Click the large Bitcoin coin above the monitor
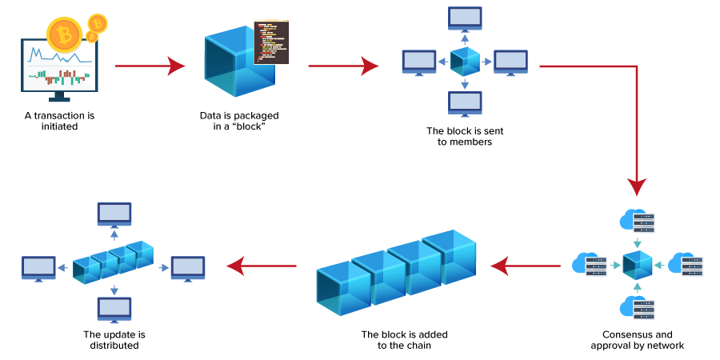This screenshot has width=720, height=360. [64, 34]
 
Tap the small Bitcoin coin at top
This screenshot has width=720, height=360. [98, 22]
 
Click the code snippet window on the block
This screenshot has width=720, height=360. [271, 42]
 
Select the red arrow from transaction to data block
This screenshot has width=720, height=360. [150, 66]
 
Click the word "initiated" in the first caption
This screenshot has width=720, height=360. [59, 126]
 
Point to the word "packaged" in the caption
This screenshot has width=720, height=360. [259, 115]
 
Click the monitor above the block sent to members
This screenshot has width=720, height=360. [465, 19]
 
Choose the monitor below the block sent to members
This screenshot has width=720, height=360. [465, 103]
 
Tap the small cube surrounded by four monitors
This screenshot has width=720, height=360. [465, 62]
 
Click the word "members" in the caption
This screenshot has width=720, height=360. [464, 142]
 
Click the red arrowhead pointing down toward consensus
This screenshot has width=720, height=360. [637, 186]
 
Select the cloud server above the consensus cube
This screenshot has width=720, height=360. [637, 221]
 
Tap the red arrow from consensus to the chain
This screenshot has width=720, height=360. [526, 266]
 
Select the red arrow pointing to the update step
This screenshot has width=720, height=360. [262, 266]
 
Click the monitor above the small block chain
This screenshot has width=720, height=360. [114, 215]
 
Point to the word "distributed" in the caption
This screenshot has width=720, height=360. [114, 346]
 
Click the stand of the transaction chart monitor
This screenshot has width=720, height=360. [59, 96]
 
